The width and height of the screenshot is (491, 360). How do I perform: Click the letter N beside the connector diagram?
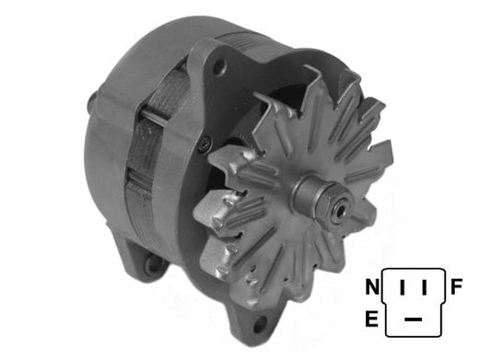click(x=371, y=288)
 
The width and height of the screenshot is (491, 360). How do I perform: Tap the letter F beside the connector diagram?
click(x=457, y=287)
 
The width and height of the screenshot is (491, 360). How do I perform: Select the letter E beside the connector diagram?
click(x=371, y=319)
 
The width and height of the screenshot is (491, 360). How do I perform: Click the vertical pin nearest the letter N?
click(x=403, y=289)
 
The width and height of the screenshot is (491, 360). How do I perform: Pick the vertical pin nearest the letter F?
click(x=425, y=289)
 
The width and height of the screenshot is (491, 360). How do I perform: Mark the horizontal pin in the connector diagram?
click(x=415, y=319)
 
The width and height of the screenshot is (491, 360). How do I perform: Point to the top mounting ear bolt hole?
click(x=218, y=66)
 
